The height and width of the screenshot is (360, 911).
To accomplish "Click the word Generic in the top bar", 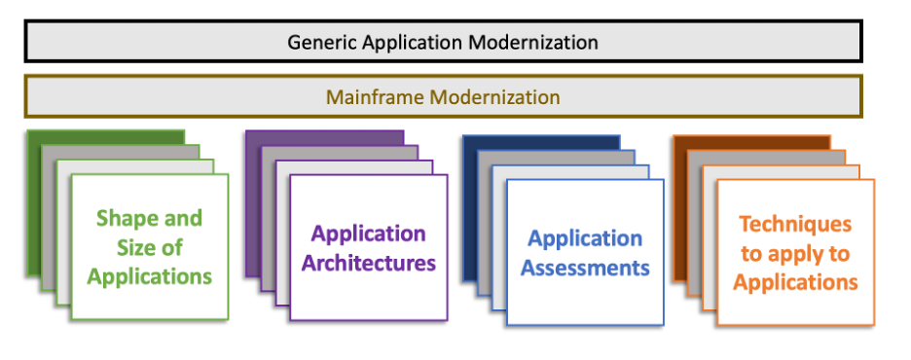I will coord(317,43).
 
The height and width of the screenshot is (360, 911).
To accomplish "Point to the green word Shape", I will coord(123,218).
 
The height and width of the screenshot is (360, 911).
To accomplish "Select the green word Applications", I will coord(149,276).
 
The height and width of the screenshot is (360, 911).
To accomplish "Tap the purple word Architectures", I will coord(369,263).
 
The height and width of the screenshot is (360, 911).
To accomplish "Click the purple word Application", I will coord(369,234).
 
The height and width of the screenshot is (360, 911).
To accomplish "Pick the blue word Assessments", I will coord(585,268).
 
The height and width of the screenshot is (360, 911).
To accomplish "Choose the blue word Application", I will coord(585,238).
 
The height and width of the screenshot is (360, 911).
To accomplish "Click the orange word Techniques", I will coord(795,225).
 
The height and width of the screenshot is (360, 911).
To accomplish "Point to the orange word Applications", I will coord(795,283).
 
